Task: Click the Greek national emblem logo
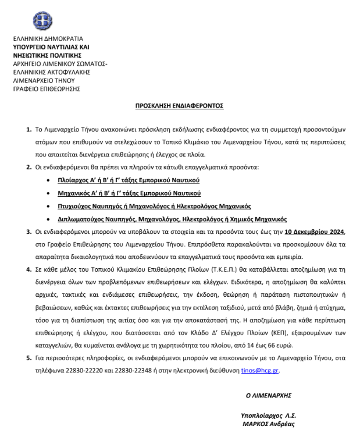(x=42, y=21)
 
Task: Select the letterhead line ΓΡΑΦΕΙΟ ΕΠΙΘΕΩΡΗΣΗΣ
(x=46, y=88)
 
